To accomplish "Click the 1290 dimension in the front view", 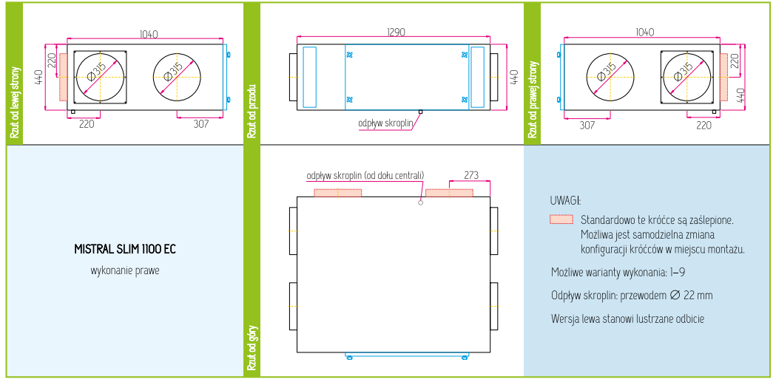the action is (x=396, y=32).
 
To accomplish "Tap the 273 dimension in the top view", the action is (x=470, y=175).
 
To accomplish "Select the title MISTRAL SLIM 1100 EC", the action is (x=125, y=250).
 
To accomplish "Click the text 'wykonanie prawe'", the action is (x=125, y=271).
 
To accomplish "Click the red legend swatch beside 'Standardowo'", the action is (x=561, y=219).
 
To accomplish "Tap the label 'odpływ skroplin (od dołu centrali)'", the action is (x=365, y=175).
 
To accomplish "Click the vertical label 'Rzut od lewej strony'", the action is (x=14, y=102).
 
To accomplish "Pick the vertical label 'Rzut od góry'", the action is (x=252, y=347).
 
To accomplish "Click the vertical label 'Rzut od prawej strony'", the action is (x=532, y=99).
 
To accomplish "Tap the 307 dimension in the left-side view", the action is (x=201, y=123).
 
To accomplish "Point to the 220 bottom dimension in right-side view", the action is (x=704, y=126).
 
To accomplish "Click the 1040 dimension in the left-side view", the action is (x=149, y=35).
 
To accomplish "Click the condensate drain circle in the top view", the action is (x=421, y=202).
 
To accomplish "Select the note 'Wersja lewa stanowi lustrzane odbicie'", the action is (x=627, y=318).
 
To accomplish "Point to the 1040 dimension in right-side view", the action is (x=644, y=32).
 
